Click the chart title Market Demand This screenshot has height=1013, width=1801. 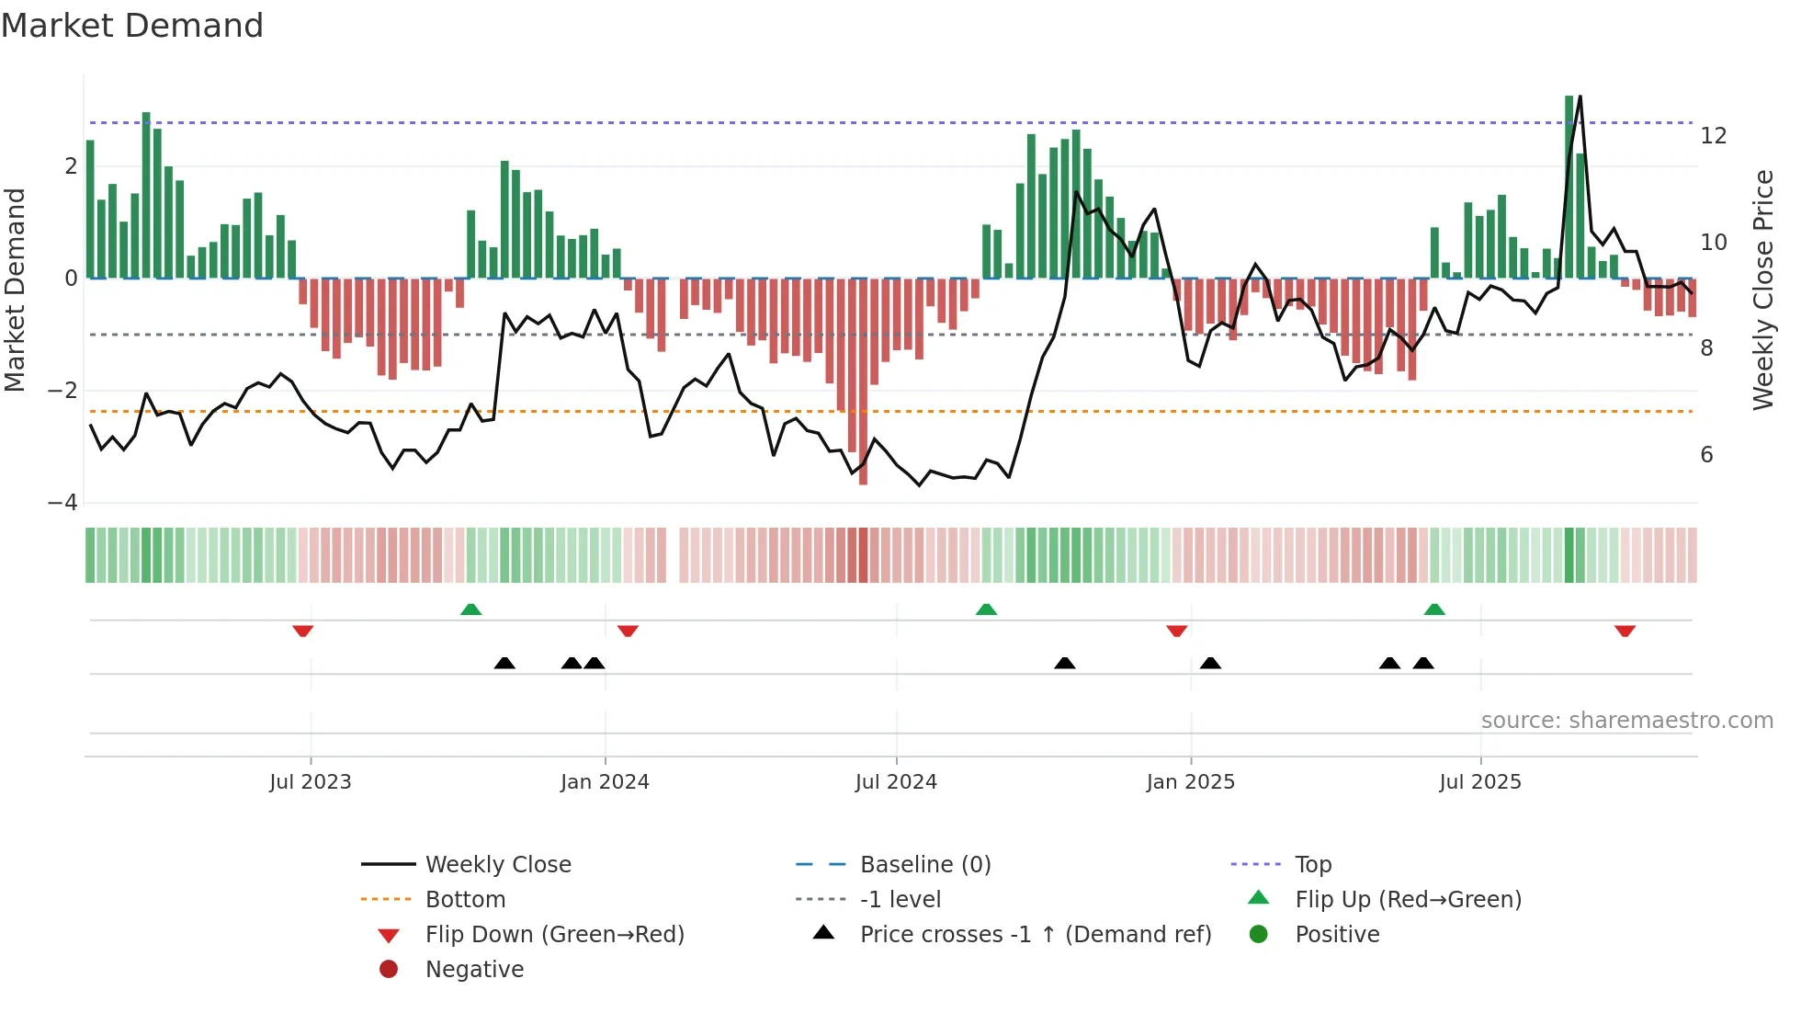132,26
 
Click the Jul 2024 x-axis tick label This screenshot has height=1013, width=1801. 896,782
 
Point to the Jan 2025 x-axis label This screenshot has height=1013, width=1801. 1190,782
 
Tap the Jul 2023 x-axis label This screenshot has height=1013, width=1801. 311,782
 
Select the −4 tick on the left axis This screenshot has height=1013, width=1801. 63,503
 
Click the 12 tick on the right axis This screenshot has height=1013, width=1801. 1713,136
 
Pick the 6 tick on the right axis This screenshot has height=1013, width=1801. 1706,455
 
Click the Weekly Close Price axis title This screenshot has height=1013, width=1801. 1762,290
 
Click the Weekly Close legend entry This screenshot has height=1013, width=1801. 497,865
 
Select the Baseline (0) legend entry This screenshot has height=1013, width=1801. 924,865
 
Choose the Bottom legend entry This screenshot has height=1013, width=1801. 465,900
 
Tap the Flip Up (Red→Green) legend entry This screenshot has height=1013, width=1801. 1408,900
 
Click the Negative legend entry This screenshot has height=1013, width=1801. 474,970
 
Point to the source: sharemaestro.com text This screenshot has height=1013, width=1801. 1626,721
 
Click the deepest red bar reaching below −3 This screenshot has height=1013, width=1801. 863,432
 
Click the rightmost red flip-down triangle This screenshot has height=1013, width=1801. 1625,631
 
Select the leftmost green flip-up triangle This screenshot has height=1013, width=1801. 470,609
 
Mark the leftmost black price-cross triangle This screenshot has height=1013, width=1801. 504,663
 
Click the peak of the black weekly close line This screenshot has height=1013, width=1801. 1580,97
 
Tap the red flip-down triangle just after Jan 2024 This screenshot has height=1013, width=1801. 628,631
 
